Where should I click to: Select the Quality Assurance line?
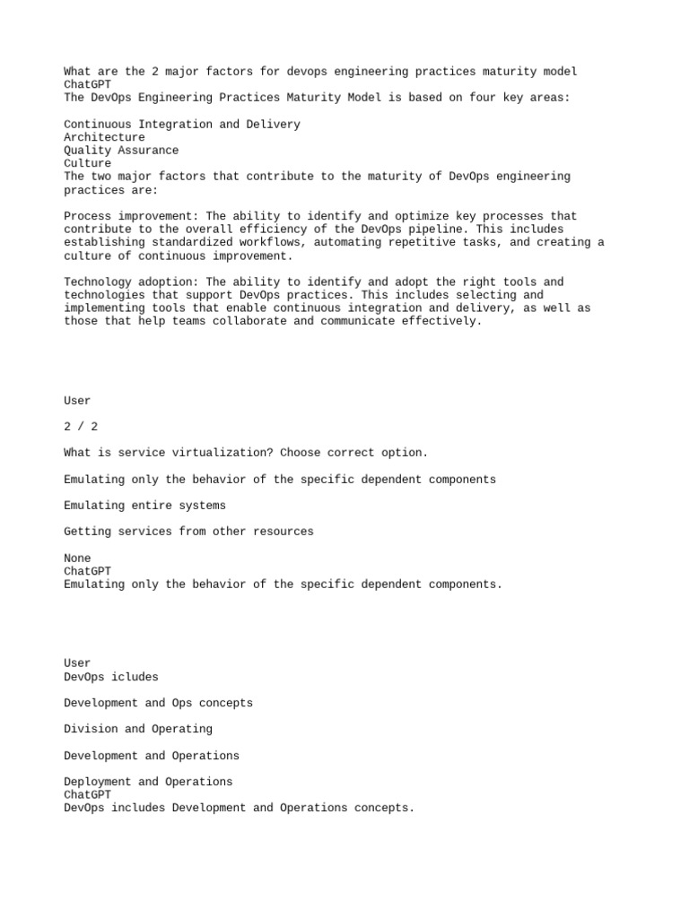pos(121,151)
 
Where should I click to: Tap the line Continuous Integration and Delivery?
pos(182,125)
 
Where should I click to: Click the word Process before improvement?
pos(88,216)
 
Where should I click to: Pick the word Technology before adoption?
pos(98,282)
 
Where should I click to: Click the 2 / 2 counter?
pos(77,427)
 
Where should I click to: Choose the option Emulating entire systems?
pos(144,506)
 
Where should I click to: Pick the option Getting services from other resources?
pos(188,532)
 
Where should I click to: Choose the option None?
pos(77,559)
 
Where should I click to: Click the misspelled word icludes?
pos(135,677)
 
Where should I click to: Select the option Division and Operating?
pos(138,729)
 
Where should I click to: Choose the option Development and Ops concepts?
pos(158,703)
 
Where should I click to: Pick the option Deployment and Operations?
pos(148,782)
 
